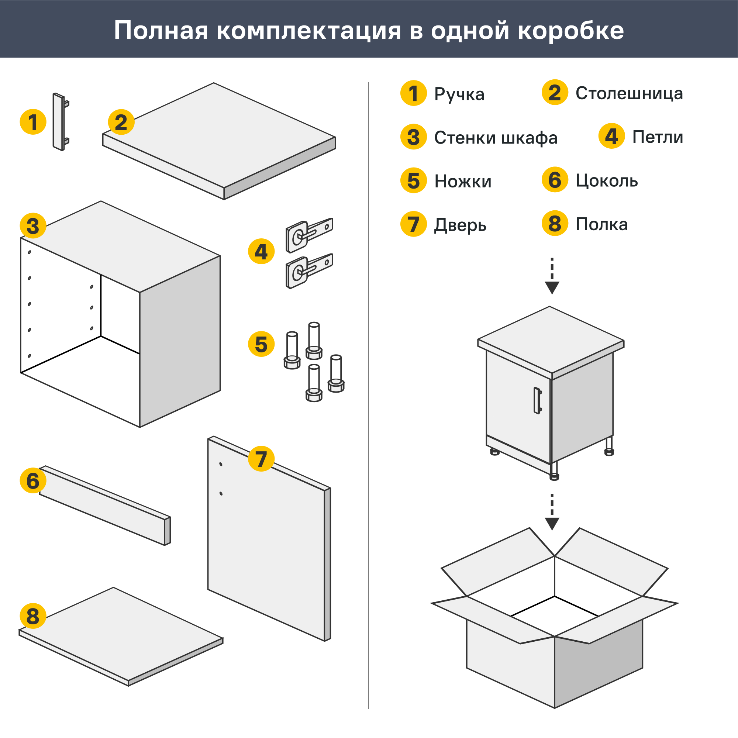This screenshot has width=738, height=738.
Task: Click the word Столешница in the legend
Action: [x=629, y=94]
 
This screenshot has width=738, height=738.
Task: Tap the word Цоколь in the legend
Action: [x=607, y=181]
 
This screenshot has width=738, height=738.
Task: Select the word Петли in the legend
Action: [x=658, y=137]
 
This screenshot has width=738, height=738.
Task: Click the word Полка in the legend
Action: [x=601, y=224]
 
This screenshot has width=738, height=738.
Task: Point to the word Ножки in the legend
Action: [x=463, y=182]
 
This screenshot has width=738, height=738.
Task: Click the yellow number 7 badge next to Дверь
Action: [x=413, y=224]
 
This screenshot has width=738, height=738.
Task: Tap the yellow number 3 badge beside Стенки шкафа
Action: [x=413, y=137]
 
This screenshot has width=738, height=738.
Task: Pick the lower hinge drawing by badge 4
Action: [x=308, y=271]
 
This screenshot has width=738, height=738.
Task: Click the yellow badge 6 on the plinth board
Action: [x=33, y=480]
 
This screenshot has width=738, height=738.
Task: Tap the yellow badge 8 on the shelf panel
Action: [x=33, y=616]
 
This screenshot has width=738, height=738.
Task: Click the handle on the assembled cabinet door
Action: [x=538, y=401]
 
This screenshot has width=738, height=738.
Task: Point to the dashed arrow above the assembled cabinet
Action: [x=552, y=276]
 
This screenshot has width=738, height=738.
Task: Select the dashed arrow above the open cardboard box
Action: [x=552, y=512]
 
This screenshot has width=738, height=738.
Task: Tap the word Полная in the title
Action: [x=161, y=31]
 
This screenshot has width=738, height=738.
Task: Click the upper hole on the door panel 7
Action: [x=221, y=464]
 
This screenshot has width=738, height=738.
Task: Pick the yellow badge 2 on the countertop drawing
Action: [x=121, y=122]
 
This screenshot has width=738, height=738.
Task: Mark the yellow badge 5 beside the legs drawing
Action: [x=261, y=344]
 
